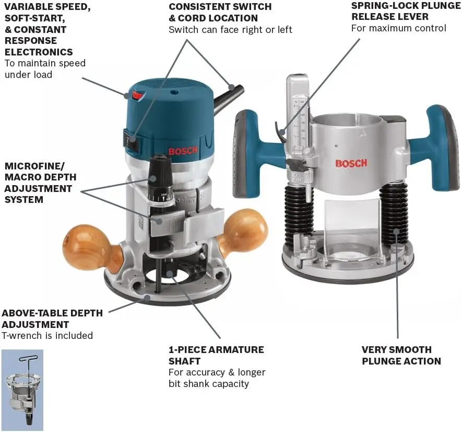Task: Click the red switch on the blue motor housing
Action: click(137, 95)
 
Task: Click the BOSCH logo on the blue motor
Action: click(183, 152)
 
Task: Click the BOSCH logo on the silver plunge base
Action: click(351, 163)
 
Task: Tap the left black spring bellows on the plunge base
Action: click(299, 214)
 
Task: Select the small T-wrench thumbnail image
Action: click(22, 390)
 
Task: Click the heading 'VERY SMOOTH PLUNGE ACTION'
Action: click(401, 355)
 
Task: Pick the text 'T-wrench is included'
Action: click(47, 336)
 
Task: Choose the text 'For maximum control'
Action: click(398, 28)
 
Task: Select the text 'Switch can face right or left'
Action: click(230, 30)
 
